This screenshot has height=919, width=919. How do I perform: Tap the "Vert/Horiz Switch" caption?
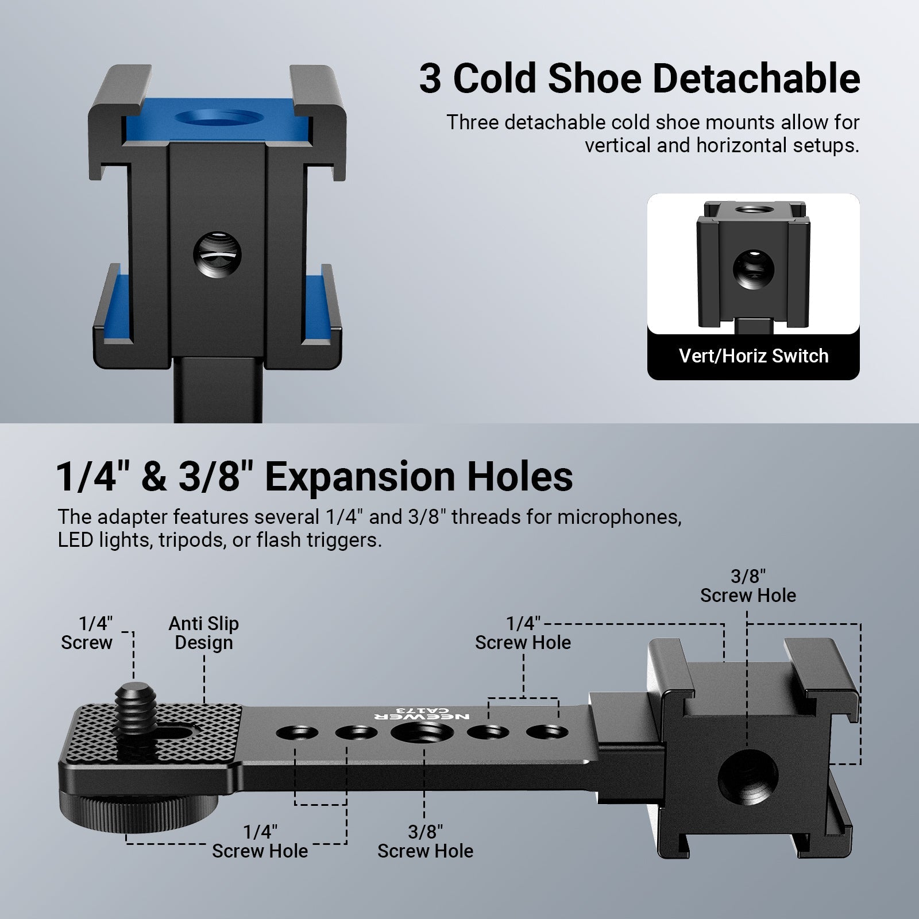[x=753, y=356]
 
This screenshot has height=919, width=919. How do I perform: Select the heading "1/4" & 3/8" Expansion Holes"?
[x=315, y=476]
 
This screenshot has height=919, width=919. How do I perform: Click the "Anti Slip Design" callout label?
[x=204, y=633]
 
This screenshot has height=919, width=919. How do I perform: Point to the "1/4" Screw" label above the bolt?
[x=87, y=633]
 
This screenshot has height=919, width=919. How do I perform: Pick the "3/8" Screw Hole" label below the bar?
[x=425, y=841]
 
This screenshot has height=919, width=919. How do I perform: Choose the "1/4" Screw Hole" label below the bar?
[x=260, y=841]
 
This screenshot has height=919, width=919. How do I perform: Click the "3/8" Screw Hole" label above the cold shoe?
[x=748, y=586]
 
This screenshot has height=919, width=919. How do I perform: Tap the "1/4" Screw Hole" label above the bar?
[x=523, y=633]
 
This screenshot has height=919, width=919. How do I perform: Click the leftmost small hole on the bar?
[x=296, y=733]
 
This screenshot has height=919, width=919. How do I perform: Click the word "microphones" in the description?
[x=619, y=518]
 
